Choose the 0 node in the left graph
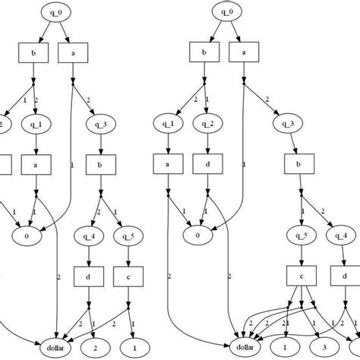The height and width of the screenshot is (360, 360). click(26, 235)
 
